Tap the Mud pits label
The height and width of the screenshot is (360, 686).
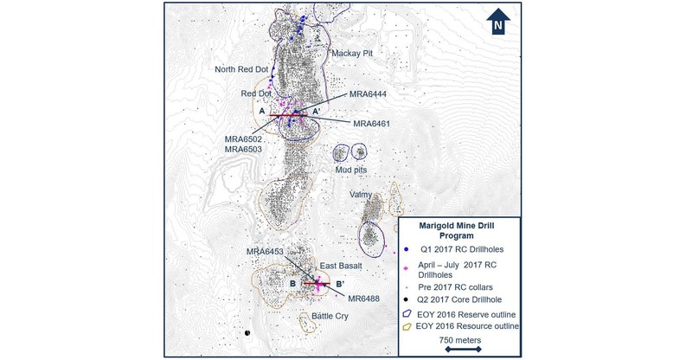pos(351,170)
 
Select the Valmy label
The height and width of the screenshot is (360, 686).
pos(362,195)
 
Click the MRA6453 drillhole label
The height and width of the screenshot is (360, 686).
pos(266,252)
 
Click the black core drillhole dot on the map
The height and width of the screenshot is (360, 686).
pos(247,332)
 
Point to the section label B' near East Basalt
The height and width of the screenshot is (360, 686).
pos(340,282)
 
